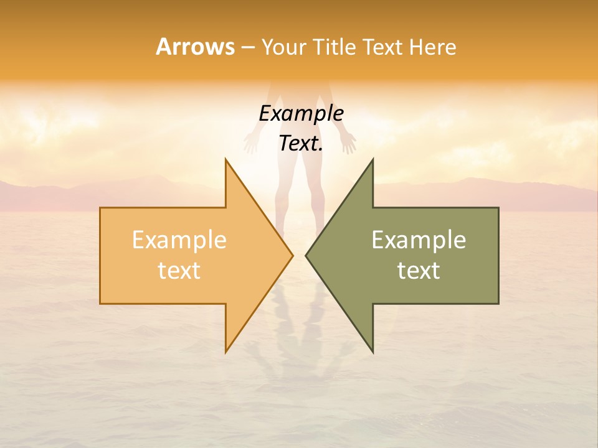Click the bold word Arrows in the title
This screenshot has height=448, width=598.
coord(195,47)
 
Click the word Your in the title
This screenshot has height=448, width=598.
coord(283,47)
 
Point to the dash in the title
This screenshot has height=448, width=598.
coord(247,47)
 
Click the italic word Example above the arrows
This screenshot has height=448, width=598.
coord(301,113)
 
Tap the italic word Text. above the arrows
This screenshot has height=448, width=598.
coord(301,144)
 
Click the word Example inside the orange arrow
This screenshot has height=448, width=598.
coord(179,240)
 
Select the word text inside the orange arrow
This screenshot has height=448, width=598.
coord(179,270)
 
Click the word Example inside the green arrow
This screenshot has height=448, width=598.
coord(419,240)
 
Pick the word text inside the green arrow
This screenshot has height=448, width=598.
coord(419,270)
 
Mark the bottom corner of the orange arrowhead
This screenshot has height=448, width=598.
coord(226,351)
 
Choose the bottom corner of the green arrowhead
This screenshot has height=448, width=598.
coord(373,351)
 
